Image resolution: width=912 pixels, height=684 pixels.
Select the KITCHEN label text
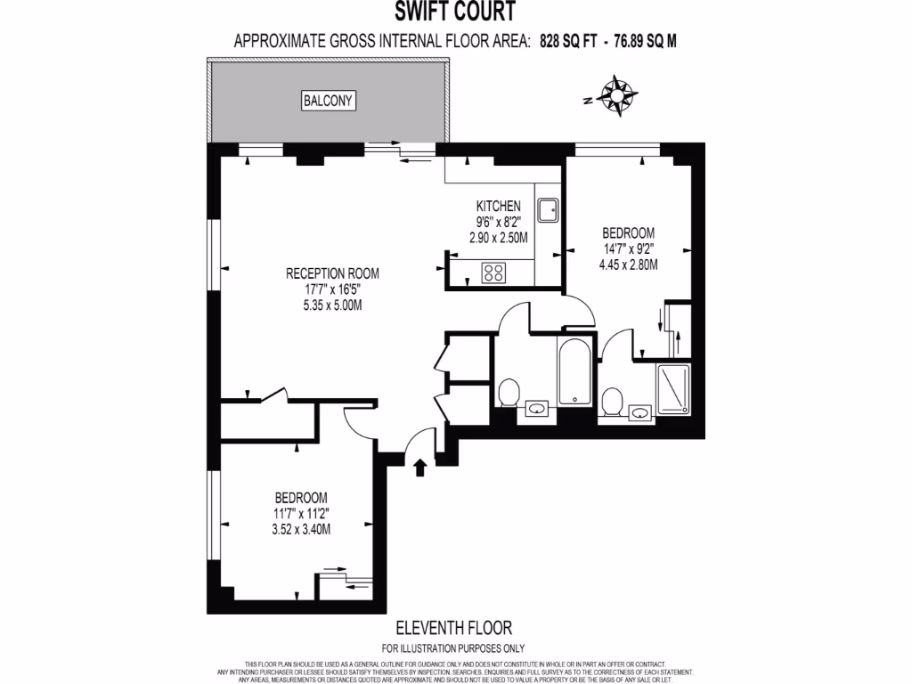coord(497,206)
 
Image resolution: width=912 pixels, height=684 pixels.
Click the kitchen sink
coord(549,209)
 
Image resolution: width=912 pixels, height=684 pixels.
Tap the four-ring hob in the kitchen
coord(493,273)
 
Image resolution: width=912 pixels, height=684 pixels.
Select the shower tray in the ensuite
coord(673,388)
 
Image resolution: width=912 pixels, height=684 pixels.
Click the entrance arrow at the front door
coord(420,467)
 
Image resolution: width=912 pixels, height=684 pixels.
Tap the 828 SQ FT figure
coord(568,40)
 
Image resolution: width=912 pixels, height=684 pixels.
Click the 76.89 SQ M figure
coord(650,40)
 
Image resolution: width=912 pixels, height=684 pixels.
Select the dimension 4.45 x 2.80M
coord(627,265)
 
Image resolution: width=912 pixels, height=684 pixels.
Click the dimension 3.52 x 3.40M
coord(301,528)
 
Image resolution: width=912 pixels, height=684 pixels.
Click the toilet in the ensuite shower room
coord(613,402)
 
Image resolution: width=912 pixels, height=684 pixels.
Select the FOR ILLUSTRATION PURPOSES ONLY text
coord(454,647)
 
